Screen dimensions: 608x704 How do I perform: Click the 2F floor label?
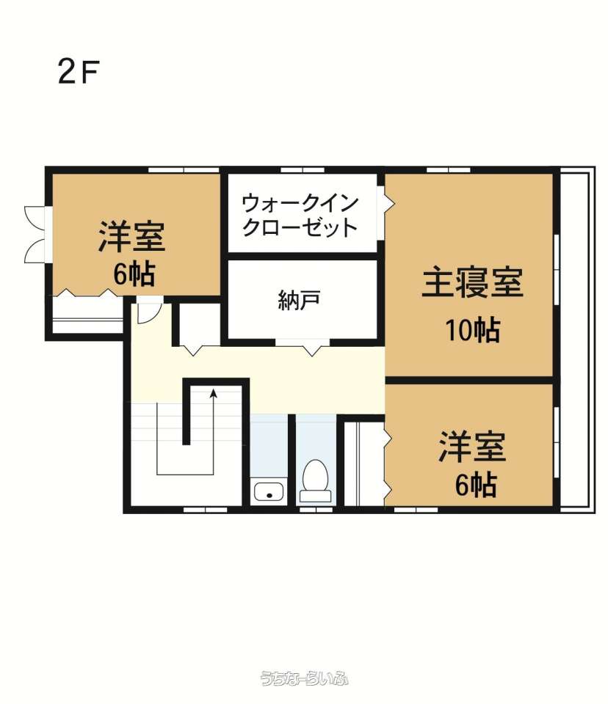[79, 73]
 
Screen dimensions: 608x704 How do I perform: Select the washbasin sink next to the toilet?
[269, 491]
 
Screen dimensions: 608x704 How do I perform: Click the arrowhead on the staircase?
[214, 394]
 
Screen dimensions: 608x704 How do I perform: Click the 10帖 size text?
[473, 330]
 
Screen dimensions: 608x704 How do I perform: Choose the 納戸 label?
[299, 300]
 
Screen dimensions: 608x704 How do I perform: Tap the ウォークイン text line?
[300, 203]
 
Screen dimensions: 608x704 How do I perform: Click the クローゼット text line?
[300, 227]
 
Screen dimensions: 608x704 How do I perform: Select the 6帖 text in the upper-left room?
[134, 274]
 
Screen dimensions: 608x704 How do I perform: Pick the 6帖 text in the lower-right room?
[476, 485]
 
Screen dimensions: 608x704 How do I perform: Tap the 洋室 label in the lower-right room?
[473, 447]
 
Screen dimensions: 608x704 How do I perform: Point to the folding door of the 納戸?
[303, 347]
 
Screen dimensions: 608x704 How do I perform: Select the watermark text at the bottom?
[304, 678]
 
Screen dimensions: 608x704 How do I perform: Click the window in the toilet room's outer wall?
[316, 510]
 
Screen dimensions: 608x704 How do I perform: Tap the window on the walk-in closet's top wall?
[303, 170]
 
